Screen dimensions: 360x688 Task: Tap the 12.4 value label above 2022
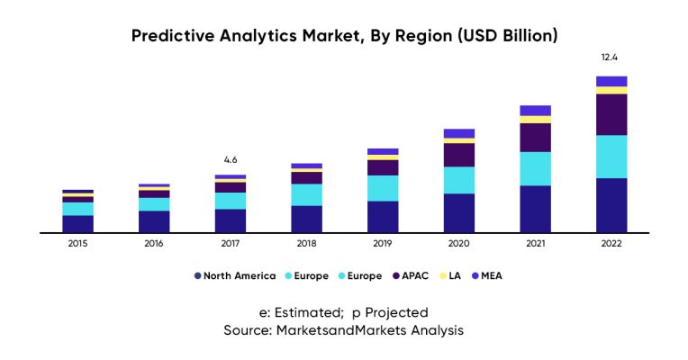(x=611, y=58)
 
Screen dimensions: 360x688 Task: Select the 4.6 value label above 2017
(x=231, y=159)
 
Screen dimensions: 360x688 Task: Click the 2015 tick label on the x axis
(x=77, y=244)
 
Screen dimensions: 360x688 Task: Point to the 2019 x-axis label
(x=383, y=244)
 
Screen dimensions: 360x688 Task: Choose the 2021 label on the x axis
(x=535, y=244)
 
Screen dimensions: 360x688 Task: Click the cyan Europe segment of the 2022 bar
(x=611, y=157)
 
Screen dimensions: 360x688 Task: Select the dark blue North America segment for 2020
(x=459, y=212)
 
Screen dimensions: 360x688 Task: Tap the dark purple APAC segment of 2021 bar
(x=536, y=137)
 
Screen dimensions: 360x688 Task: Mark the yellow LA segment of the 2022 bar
(x=611, y=90)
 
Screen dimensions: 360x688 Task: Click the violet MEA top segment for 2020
(x=459, y=133)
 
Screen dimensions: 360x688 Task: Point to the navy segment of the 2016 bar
(x=154, y=220)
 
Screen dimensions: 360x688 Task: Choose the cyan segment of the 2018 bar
(x=306, y=194)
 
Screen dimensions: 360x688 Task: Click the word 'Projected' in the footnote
(x=397, y=312)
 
